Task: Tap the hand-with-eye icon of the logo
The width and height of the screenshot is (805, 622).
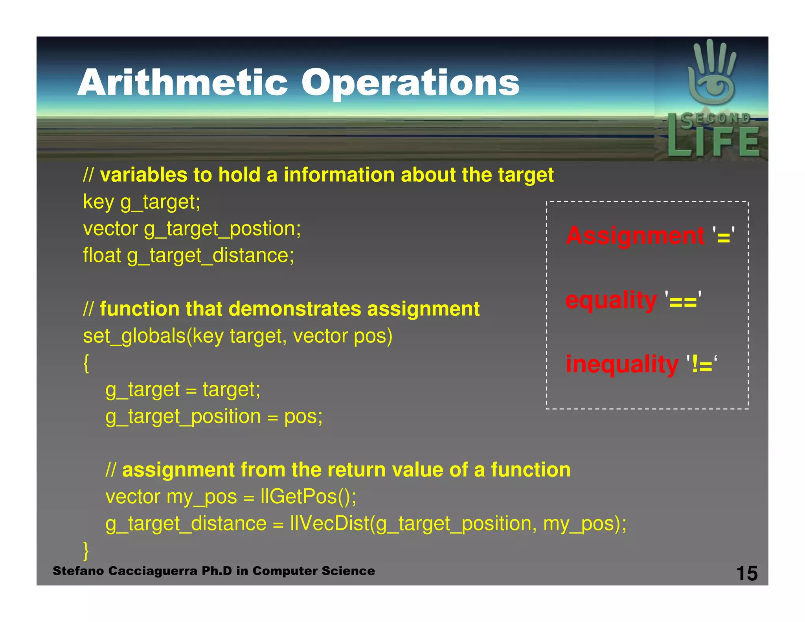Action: (711, 75)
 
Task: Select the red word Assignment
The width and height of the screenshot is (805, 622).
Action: (635, 236)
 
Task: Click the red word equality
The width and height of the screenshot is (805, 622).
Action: (611, 300)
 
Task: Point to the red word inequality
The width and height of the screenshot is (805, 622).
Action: (622, 364)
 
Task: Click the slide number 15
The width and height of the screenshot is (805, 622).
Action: (746, 573)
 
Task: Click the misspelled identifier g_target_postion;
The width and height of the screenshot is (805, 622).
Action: (222, 229)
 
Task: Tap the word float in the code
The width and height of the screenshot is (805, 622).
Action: (102, 255)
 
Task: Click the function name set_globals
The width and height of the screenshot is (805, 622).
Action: (134, 336)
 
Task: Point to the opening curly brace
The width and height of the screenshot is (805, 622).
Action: (86, 363)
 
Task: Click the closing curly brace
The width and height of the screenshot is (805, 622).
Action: (86, 550)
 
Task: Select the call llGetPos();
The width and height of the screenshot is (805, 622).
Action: (308, 497)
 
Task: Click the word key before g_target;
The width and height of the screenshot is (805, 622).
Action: (98, 202)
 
